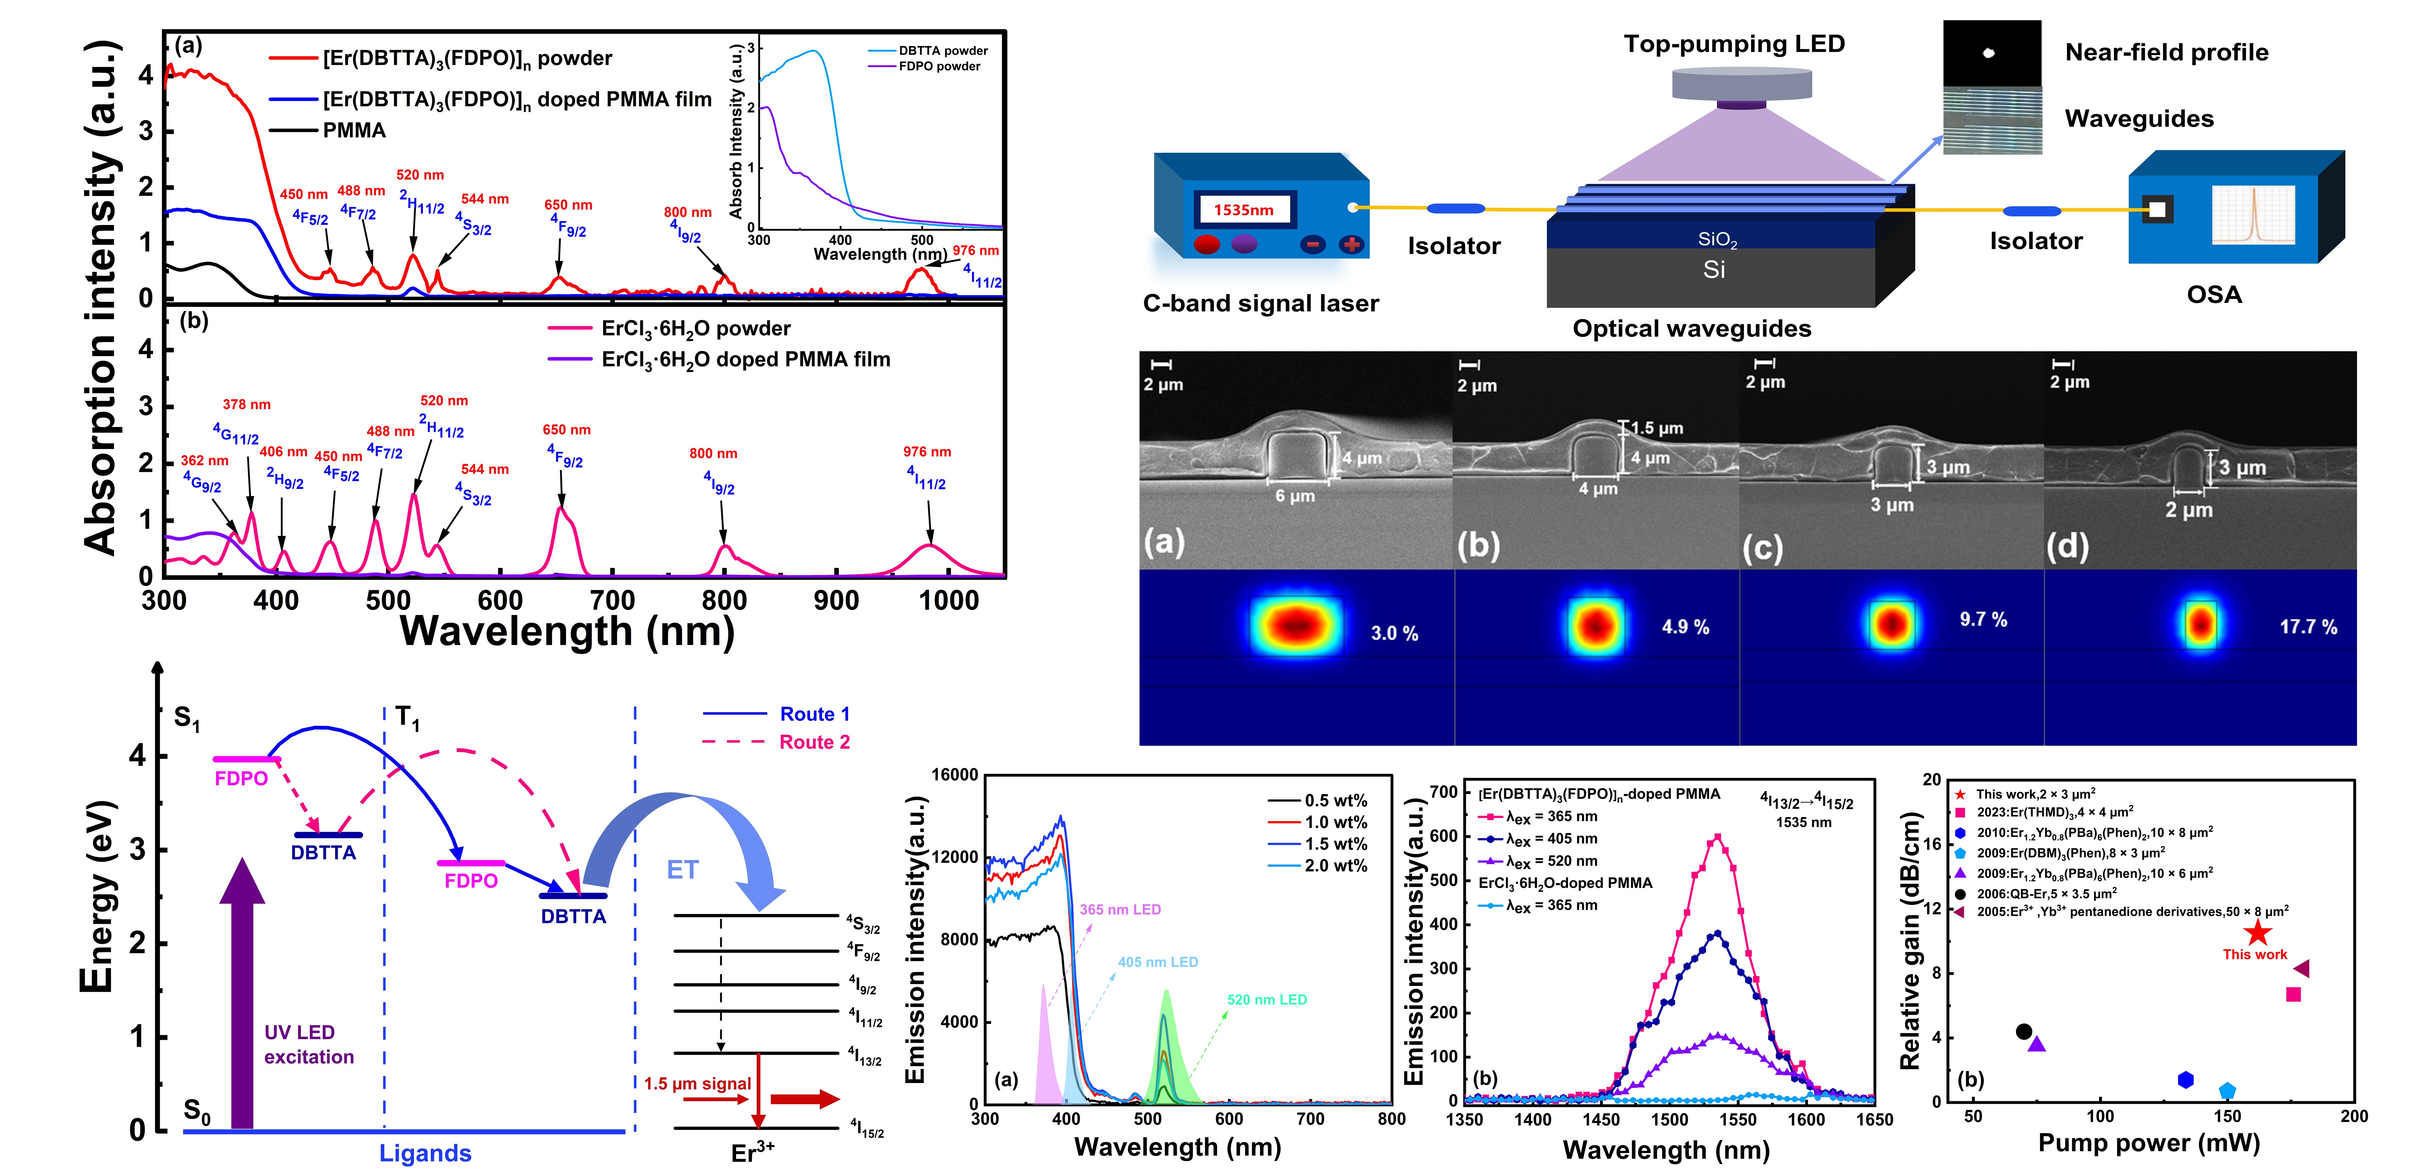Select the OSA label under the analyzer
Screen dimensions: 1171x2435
tap(2214, 295)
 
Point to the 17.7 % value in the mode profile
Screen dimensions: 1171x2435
tap(2307, 626)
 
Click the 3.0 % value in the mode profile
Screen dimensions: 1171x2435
tap(1394, 633)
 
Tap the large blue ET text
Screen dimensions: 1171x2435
tap(683, 870)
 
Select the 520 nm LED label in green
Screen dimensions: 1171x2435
tap(1267, 999)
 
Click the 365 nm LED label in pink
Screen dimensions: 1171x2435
tap(1120, 909)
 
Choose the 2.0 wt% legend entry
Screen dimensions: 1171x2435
tap(1335, 866)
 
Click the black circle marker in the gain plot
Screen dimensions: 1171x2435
tap(2023, 1031)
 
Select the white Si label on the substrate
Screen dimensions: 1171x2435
tap(1714, 270)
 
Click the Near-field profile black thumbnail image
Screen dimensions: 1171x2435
tap(1991, 53)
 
